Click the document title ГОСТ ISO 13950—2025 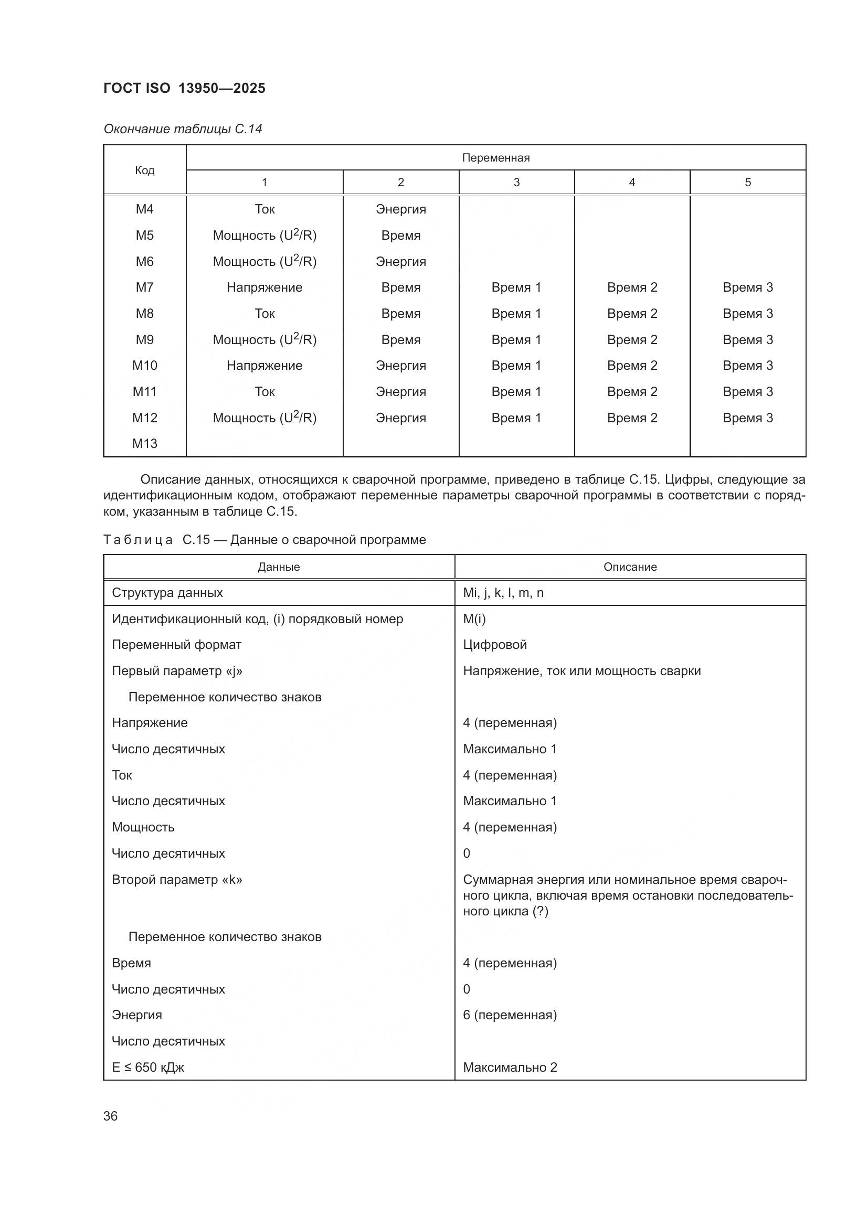(184, 88)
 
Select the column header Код (144, 170)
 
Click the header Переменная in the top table (495, 158)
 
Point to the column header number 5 (747, 182)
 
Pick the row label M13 (144, 444)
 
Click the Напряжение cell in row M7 (264, 287)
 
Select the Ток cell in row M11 (264, 392)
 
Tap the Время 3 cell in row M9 (747, 340)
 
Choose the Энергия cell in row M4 (400, 209)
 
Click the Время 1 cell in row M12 (516, 418)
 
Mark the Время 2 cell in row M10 (632, 366)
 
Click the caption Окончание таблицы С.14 (183, 129)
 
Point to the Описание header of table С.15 (630, 567)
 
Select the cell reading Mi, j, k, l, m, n (503, 593)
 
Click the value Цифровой (494, 645)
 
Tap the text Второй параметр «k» (177, 880)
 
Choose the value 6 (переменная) (510, 1015)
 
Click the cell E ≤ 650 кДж (148, 1067)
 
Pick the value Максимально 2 (510, 1067)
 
